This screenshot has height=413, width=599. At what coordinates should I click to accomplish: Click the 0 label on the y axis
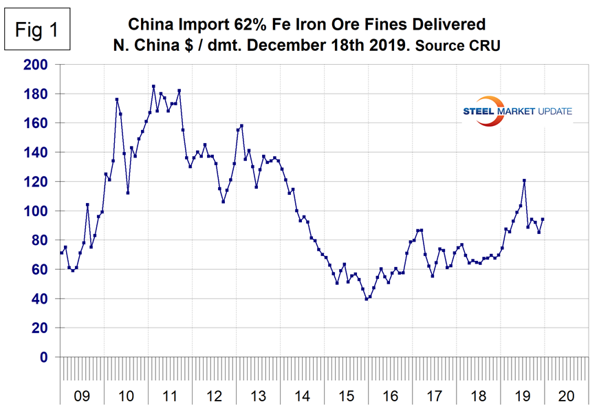click(46, 358)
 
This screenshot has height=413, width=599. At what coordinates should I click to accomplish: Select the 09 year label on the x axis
click(82, 396)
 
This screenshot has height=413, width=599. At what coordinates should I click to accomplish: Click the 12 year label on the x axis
click(214, 396)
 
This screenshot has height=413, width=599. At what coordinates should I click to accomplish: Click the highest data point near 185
click(153, 87)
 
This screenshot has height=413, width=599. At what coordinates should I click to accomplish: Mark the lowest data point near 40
click(367, 299)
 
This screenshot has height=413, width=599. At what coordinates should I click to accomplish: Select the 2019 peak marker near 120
click(524, 180)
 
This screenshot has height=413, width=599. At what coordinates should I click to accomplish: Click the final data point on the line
click(543, 220)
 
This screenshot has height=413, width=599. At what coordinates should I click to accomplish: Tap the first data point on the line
click(61, 253)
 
